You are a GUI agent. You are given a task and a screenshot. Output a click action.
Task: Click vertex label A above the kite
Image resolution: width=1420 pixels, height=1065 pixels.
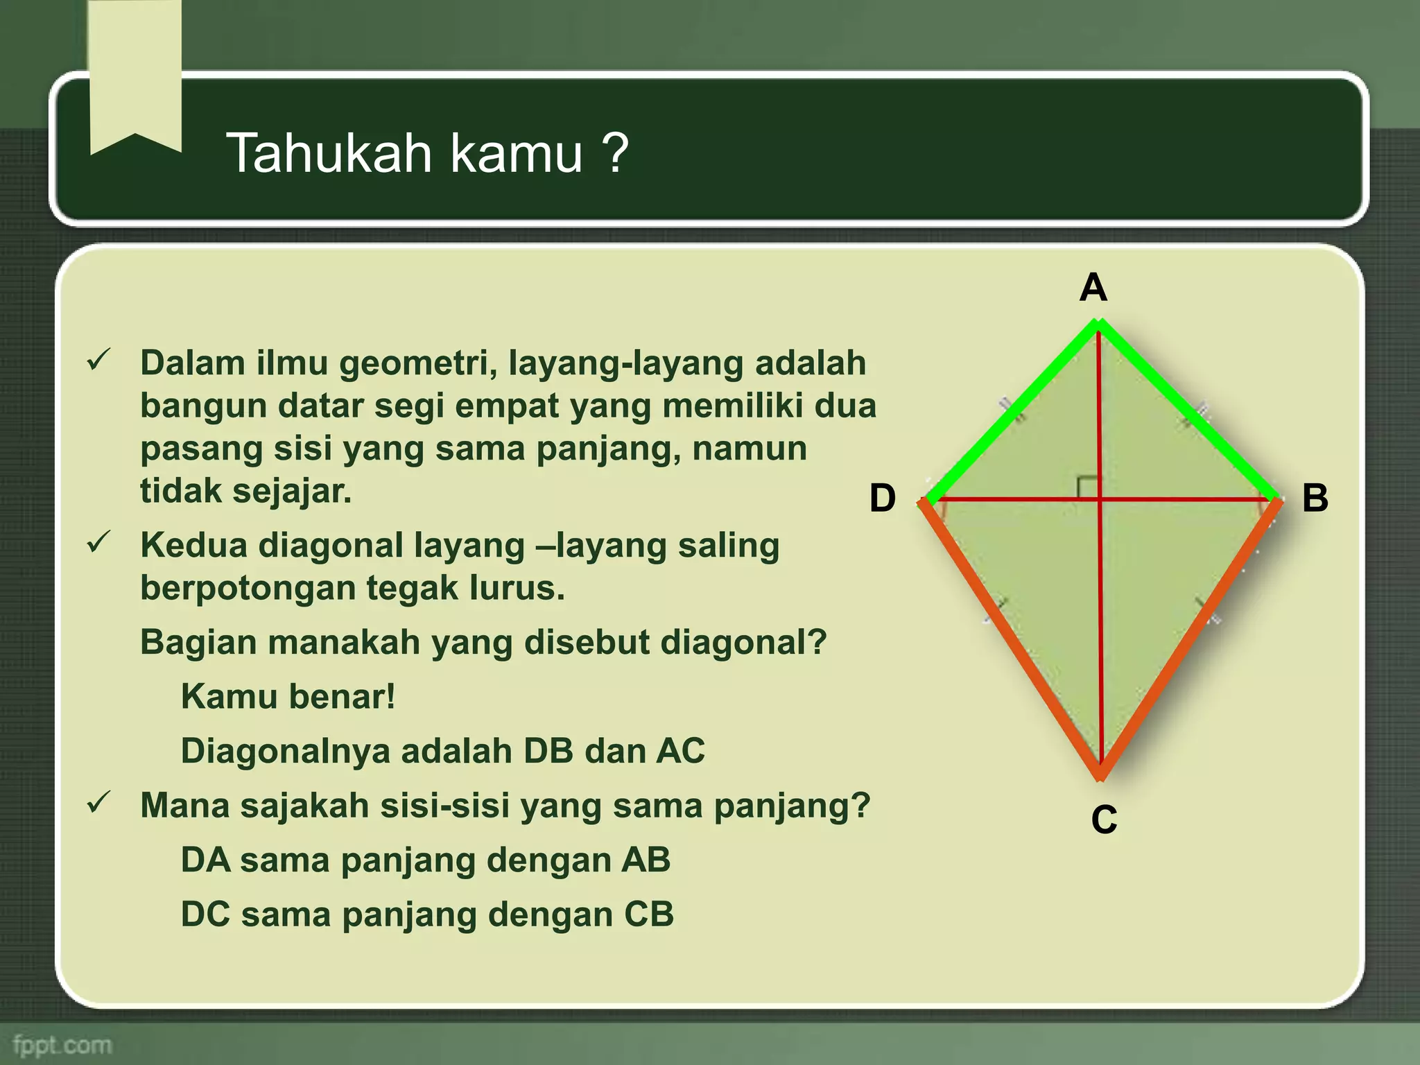point(1093,288)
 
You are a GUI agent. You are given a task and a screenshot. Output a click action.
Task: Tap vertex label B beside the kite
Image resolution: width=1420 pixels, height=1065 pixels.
point(1315,498)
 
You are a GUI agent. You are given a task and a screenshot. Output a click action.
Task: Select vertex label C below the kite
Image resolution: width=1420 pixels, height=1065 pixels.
point(1104,820)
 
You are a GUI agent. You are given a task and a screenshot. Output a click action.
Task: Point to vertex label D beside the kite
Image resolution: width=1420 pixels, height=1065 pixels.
point(883,499)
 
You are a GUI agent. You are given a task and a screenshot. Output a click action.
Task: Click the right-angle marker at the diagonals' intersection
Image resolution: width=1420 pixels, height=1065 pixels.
point(1088,487)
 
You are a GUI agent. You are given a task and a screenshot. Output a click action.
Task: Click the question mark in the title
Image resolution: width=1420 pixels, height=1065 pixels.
point(615,153)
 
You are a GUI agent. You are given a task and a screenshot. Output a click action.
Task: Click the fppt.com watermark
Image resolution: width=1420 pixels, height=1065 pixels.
point(62,1044)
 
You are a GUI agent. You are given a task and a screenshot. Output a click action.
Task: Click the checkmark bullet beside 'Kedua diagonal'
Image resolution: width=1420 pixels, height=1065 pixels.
point(98,542)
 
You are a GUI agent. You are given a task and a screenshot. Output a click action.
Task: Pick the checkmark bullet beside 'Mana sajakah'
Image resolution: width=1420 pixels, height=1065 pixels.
point(98,802)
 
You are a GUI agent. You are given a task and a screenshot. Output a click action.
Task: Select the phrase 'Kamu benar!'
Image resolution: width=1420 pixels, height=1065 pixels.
point(288,696)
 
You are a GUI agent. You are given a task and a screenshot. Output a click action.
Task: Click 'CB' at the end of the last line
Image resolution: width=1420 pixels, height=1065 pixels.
point(649,915)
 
